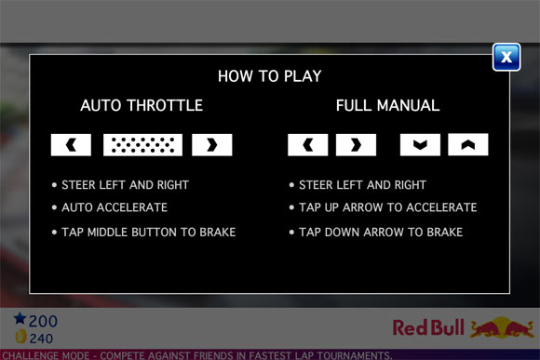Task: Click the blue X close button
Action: click(506, 57)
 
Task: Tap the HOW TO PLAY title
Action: click(270, 76)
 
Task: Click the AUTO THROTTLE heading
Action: click(142, 105)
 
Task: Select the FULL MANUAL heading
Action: click(388, 105)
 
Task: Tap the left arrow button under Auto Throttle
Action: click(71, 145)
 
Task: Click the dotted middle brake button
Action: click(143, 145)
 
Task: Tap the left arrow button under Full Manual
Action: click(308, 145)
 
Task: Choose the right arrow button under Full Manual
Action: click(356, 145)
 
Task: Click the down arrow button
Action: click(420, 144)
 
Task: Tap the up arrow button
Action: click(468, 144)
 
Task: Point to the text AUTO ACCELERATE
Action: click(115, 207)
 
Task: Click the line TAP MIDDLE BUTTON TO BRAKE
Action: click(148, 233)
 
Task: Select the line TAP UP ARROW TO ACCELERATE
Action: click(388, 207)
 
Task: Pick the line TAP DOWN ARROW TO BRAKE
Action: click(381, 233)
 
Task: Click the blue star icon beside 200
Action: click(20, 318)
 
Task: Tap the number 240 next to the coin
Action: click(41, 339)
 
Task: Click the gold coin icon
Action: click(21, 336)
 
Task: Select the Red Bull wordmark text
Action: click(428, 327)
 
